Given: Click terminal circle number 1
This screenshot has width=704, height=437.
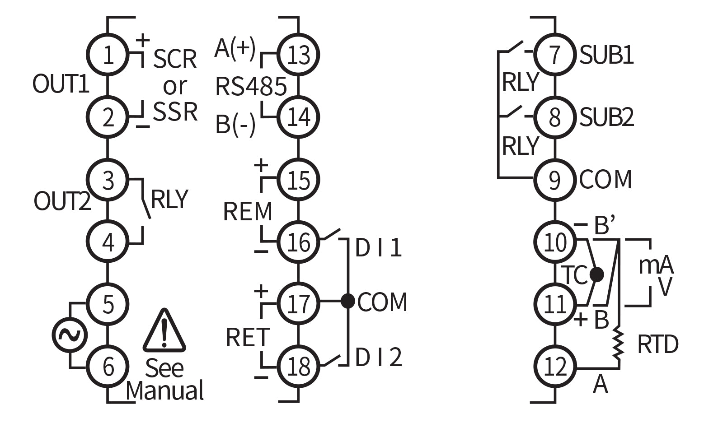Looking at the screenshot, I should [x=108, y=55].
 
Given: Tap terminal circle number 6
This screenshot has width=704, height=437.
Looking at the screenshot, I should [x=108, y=366].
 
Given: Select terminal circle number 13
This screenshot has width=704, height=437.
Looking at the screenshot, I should [x=298, y=55].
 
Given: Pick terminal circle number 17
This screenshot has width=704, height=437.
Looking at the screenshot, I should [x=298, y=303].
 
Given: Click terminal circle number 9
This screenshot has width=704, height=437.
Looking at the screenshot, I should [x=554, y=179].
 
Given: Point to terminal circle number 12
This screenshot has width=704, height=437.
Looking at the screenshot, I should [x=554, y=366].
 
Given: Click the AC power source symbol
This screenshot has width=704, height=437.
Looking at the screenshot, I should [x=70, y=335].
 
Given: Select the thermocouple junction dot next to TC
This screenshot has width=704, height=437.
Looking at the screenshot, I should [x=596, y=274].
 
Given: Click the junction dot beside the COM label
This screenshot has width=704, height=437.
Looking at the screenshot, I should [x=347, y=301].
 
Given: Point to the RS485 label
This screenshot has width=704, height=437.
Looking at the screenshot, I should [x=251, y=86].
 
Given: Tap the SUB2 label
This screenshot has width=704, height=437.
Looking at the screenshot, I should [x=606, y=117].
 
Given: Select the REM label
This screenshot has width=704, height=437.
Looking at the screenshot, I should [x=248, y=211].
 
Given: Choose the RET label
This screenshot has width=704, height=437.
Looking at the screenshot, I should [x=248, y=337].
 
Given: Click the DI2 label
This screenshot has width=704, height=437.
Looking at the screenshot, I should [x=378, y=357].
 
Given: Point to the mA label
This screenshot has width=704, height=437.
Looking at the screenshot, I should [x=655, y=265].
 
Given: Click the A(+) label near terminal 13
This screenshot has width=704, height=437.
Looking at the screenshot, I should [x=235, y=48].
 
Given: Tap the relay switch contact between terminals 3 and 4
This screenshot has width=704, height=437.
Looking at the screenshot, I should [x=145, y=199].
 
